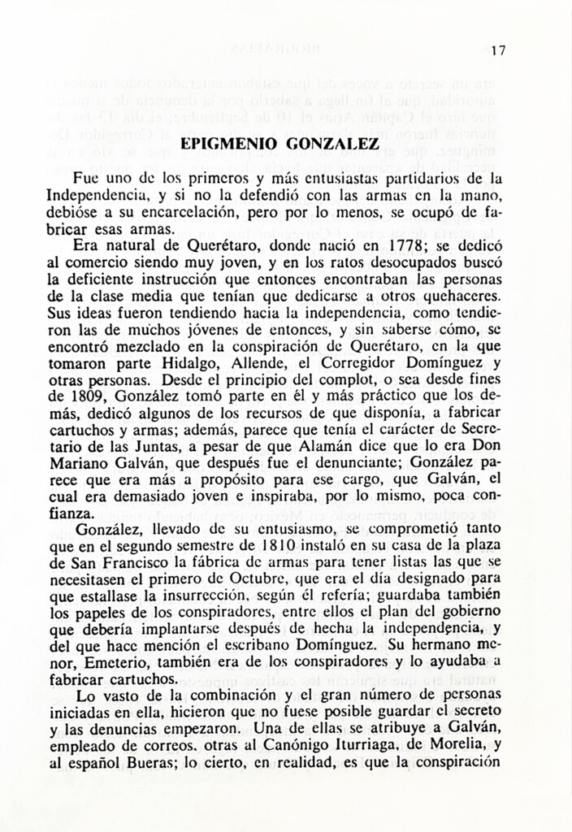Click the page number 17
tap(498, 50)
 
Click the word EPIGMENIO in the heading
tap(228, 145)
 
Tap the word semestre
tap(214, 547)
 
